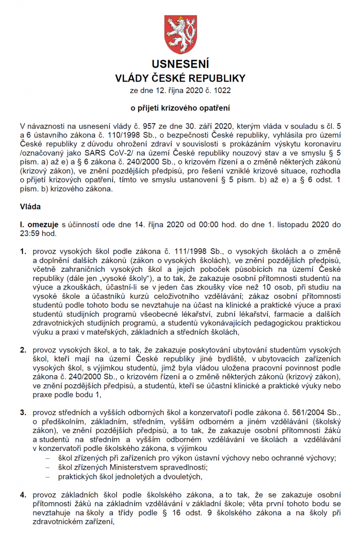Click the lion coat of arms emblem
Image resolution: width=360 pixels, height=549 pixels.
pos(180,33)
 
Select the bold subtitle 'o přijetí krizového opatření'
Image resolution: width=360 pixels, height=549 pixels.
pos(180,107)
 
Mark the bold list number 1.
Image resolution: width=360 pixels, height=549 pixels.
pos(23,251)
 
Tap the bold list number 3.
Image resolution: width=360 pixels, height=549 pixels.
pos(23,412)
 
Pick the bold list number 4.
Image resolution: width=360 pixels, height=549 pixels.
pos(23,494)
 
